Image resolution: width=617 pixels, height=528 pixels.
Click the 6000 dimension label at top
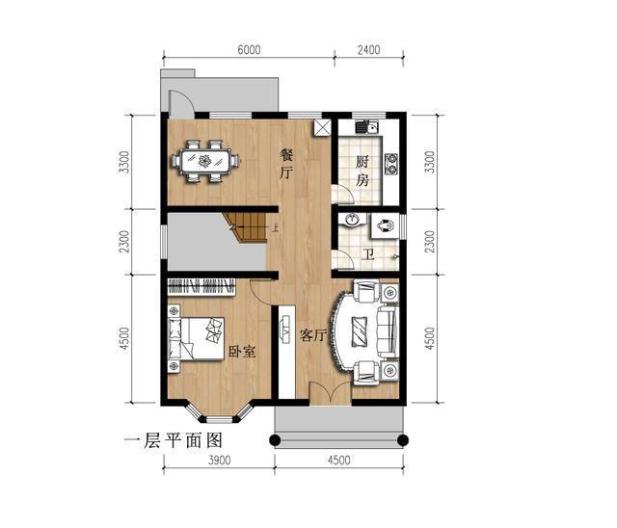(249, 50)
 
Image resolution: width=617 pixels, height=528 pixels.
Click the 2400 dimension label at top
(368, 50)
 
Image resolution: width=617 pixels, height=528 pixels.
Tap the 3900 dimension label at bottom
(219, 460)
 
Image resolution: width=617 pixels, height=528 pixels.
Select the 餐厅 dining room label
(286, 164)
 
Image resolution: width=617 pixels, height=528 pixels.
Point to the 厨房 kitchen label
(362, 171)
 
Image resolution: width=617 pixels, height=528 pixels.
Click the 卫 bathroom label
(368, 255)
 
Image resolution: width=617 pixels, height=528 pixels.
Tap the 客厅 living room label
(313, 335)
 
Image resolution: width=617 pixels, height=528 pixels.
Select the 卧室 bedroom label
(242, 351)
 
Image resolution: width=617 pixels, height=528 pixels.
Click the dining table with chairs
(205, 161)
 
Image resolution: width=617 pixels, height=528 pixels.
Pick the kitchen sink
(366, 126)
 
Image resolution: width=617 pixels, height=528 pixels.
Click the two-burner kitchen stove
(391, 165)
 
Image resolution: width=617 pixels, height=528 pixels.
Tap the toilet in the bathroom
(385, 226)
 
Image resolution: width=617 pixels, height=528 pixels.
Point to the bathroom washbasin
(351, 221)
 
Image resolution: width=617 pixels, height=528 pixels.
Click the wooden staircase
(246, 227)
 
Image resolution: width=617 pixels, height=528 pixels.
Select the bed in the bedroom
(196, 338)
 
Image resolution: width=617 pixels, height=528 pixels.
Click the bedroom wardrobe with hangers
(201, 287)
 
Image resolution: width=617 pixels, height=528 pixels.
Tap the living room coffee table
(360, 331)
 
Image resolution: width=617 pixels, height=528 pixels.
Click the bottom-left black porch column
(275, 440)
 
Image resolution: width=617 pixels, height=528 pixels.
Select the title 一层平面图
(174, 440)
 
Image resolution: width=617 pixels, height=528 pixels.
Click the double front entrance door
(330, 393)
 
